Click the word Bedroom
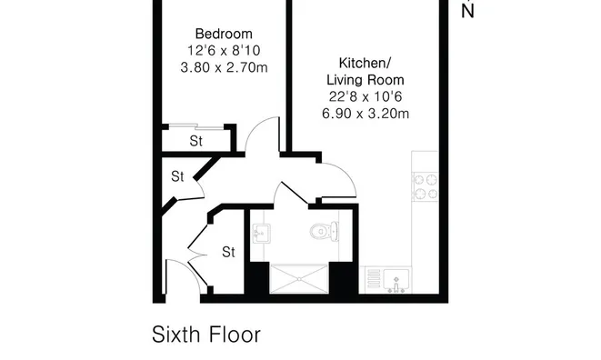click(x=224, y=34)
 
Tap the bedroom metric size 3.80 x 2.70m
click(x=224, y=67)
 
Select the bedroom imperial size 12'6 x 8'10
click(x=224, y=51)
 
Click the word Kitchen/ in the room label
click(x=365, y=63)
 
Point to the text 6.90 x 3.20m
click(x=366, y=114)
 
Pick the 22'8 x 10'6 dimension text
click(x=366, y=96)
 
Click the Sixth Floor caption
click(x=206, y=335)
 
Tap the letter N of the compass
click(x=467, y=12)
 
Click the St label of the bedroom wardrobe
click(x=195, y=141)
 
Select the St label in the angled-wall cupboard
click(x=177, y=176)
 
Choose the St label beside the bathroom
click(x=228, y=252)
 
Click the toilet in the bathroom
click(x=324, y=231)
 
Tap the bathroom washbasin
click(x=262, y=234)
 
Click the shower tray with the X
click(x=299, y=279)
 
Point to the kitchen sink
click(x=396, y=280)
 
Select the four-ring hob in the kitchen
click(x=426, y=187)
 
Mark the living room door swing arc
click(x=345, y=173)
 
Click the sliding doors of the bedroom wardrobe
click(x=196, y=127)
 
